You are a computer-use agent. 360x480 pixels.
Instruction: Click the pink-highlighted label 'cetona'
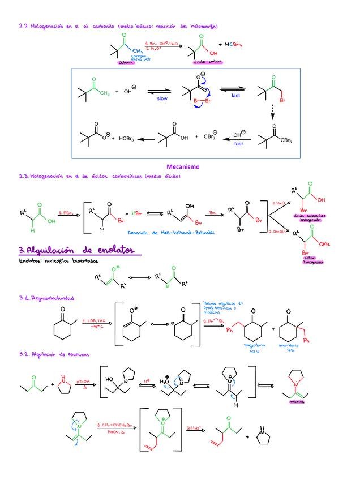click(x=127, y=63)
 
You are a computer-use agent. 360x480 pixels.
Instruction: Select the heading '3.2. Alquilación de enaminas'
click(x=54, y=354)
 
